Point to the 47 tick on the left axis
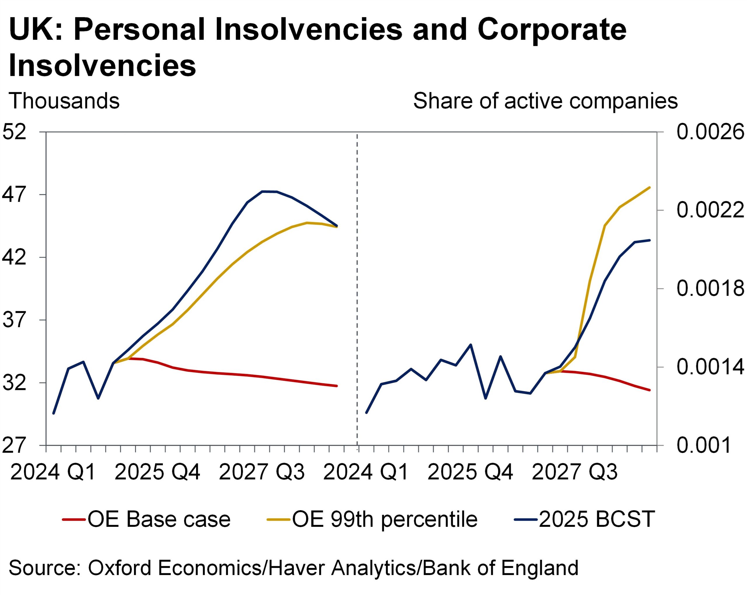point(15,195)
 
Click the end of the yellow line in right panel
point(650,187)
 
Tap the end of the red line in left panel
point(337,386)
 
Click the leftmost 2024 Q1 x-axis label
point(53,472)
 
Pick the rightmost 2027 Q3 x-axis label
point(575,472)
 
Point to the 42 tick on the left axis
point(15,257)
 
